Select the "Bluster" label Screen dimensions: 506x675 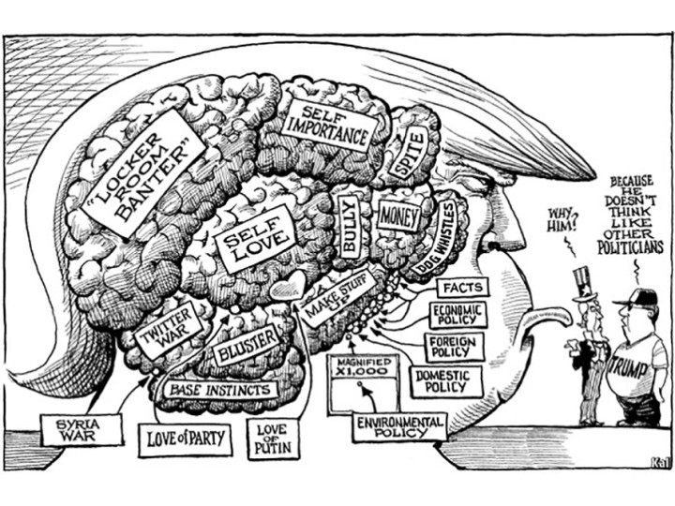pos(247,346)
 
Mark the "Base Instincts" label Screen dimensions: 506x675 pos(221,388)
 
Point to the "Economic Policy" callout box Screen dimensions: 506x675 pos(457,315)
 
